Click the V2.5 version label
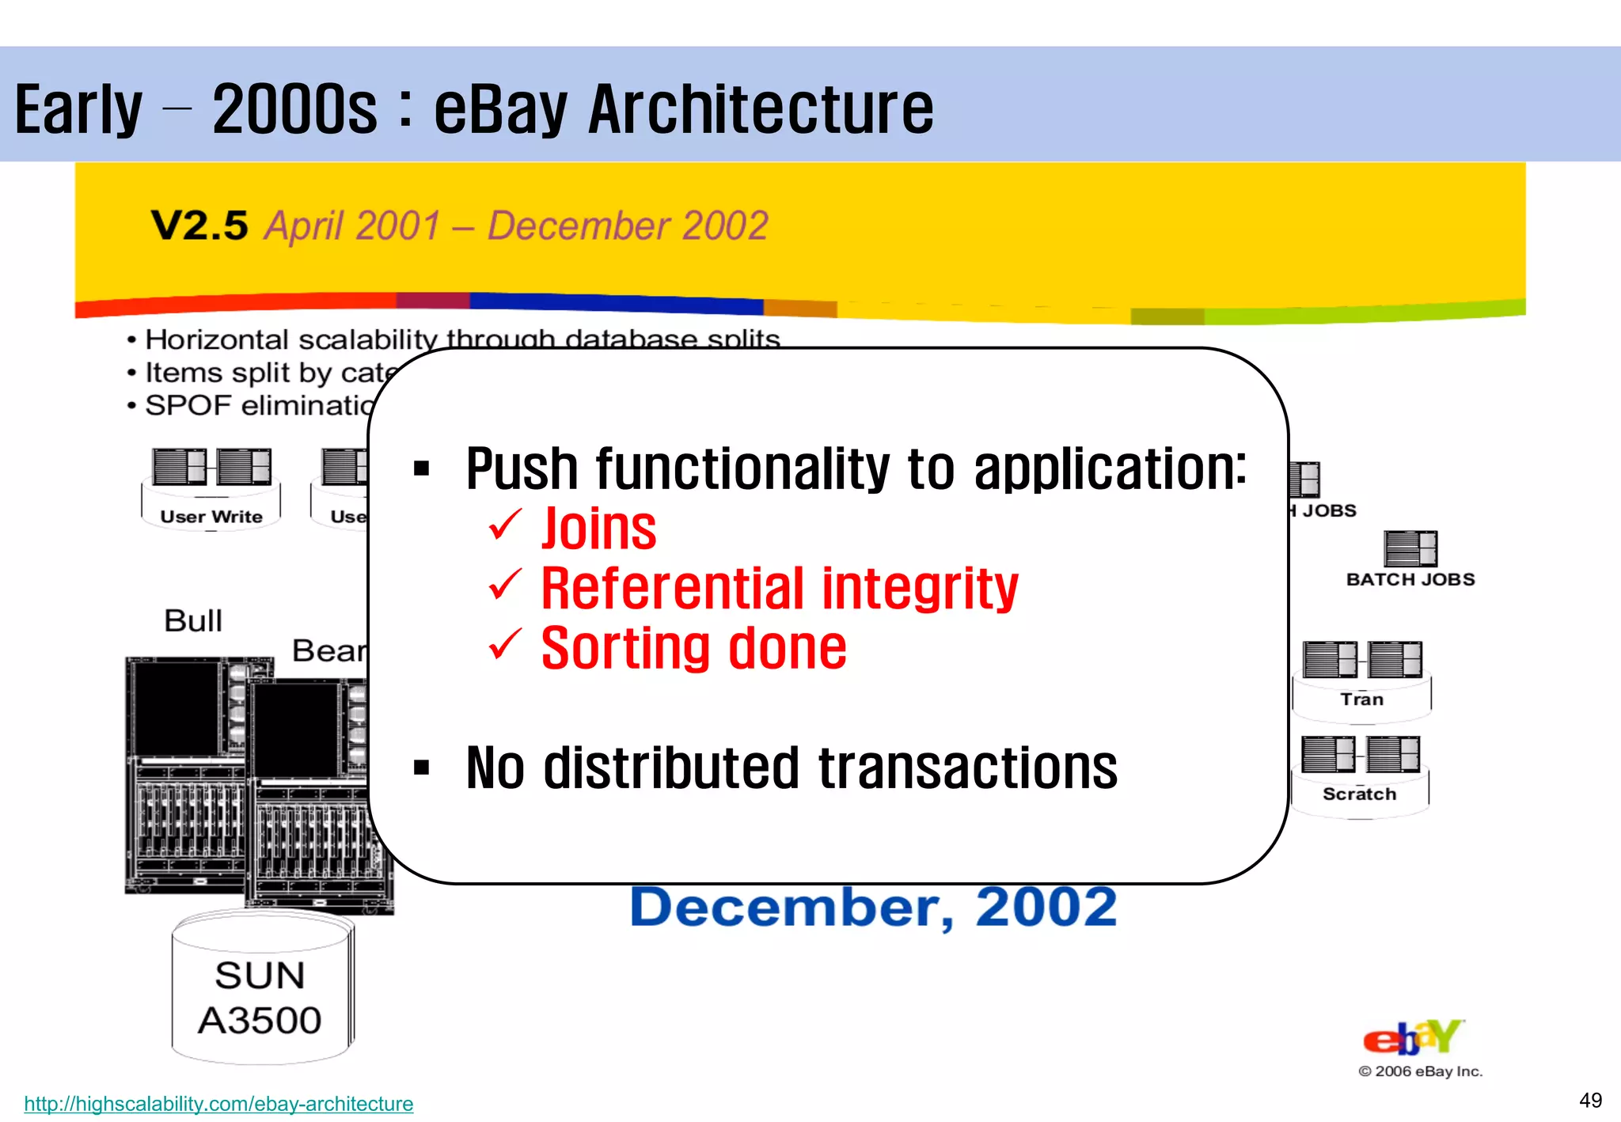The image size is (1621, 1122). click(x=199, y=226)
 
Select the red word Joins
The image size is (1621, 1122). click(x=598, y=529)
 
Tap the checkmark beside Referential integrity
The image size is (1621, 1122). click(x=505, y=586)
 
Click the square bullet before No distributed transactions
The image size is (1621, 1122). click(x=421, y=768)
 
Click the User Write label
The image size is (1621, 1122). click(x=211, y=517)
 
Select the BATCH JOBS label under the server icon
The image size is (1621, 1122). click(x=1410, y=579)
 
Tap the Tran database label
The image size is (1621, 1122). click(x=1361, y=699)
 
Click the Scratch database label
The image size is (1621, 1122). click(x=1359, y=794)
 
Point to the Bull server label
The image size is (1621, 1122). click(x=192, y=620)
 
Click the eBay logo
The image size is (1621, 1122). click(x=1414, y=1037)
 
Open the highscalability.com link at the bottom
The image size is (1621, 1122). click(x=218, y=1103)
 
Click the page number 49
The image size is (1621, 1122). click(x=1590, y=1101)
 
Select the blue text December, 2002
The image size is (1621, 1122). click(x=873, y=907)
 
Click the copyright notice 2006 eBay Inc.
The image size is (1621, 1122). click(x=1421, y=1071)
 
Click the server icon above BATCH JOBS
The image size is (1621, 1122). click(x=1410, y=548)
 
